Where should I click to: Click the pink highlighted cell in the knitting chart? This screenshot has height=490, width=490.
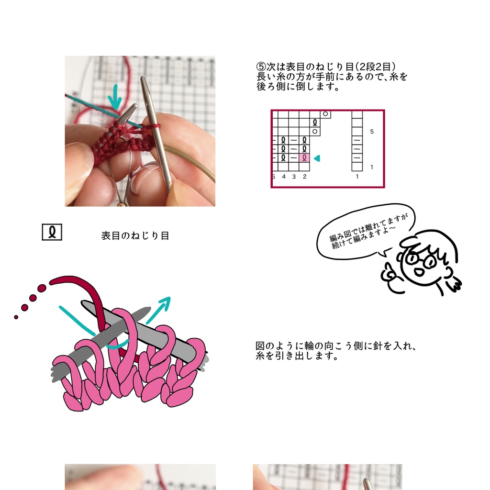[x=304, y=157]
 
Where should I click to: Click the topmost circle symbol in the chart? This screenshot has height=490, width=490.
[x=325, y=114]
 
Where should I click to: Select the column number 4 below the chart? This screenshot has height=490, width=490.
[x=283, y=177]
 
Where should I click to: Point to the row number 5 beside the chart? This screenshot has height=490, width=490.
[x=372, y=131]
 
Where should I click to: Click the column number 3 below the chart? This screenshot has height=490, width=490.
[x=294, y=177]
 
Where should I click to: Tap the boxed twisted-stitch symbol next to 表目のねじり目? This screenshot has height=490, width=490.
[x=52, y=233]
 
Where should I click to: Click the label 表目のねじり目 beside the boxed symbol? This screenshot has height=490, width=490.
[x=135, y=236]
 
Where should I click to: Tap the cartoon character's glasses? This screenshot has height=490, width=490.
[x=420, y=259]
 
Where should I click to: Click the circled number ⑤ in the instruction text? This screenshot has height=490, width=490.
[x=261, y=67]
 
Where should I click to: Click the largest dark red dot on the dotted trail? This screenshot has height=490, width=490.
[x=42, y=288]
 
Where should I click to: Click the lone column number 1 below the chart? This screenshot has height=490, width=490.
[x=357, y=177]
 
